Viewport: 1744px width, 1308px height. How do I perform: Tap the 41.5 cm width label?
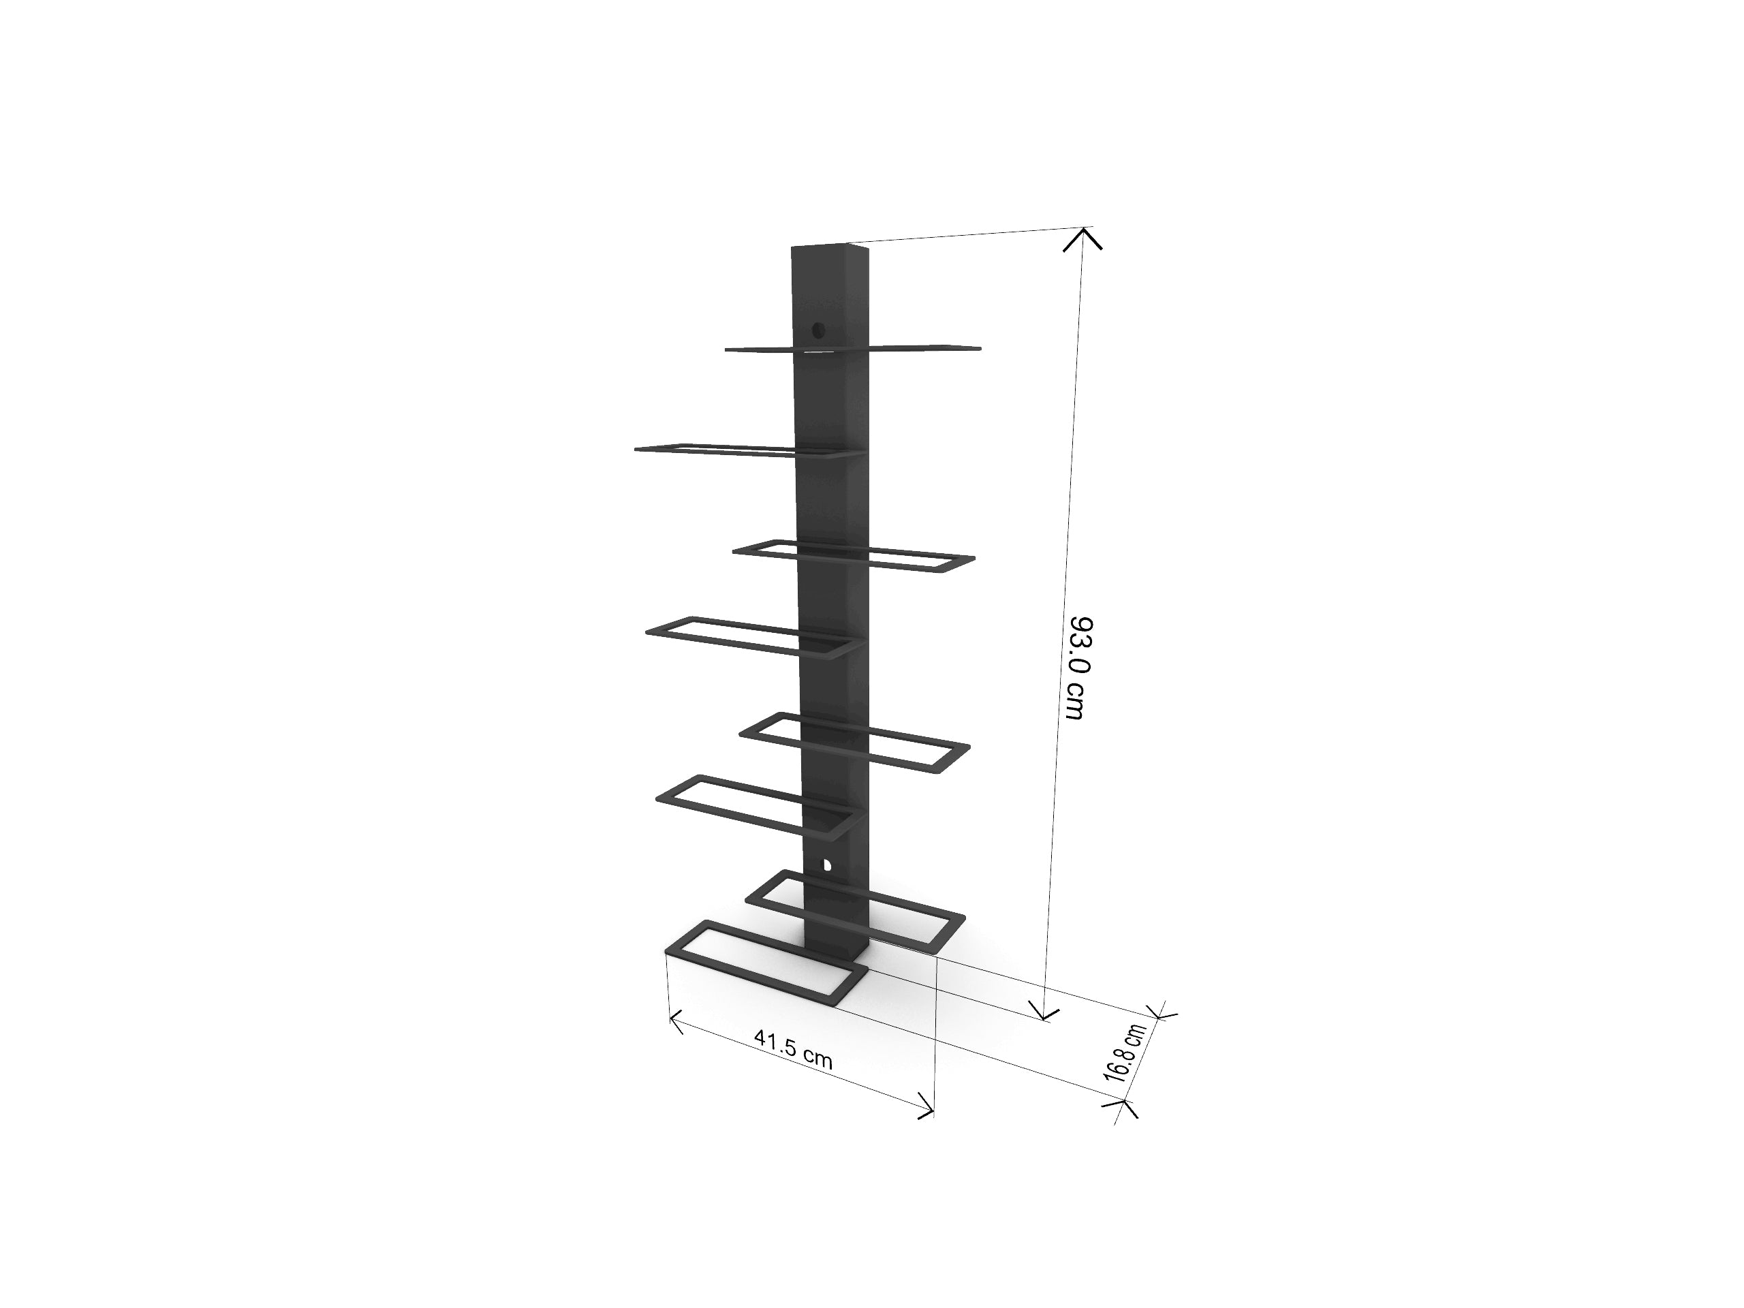793,1048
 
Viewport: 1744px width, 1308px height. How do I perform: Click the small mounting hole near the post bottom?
826,864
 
